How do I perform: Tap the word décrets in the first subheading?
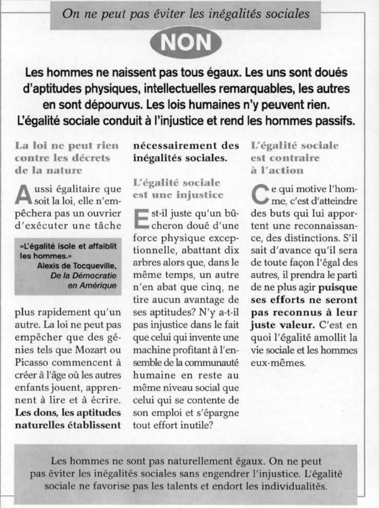pyautogui.click(x=92, y=158)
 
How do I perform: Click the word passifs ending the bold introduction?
pyautogui.click(x=334, y=120)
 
